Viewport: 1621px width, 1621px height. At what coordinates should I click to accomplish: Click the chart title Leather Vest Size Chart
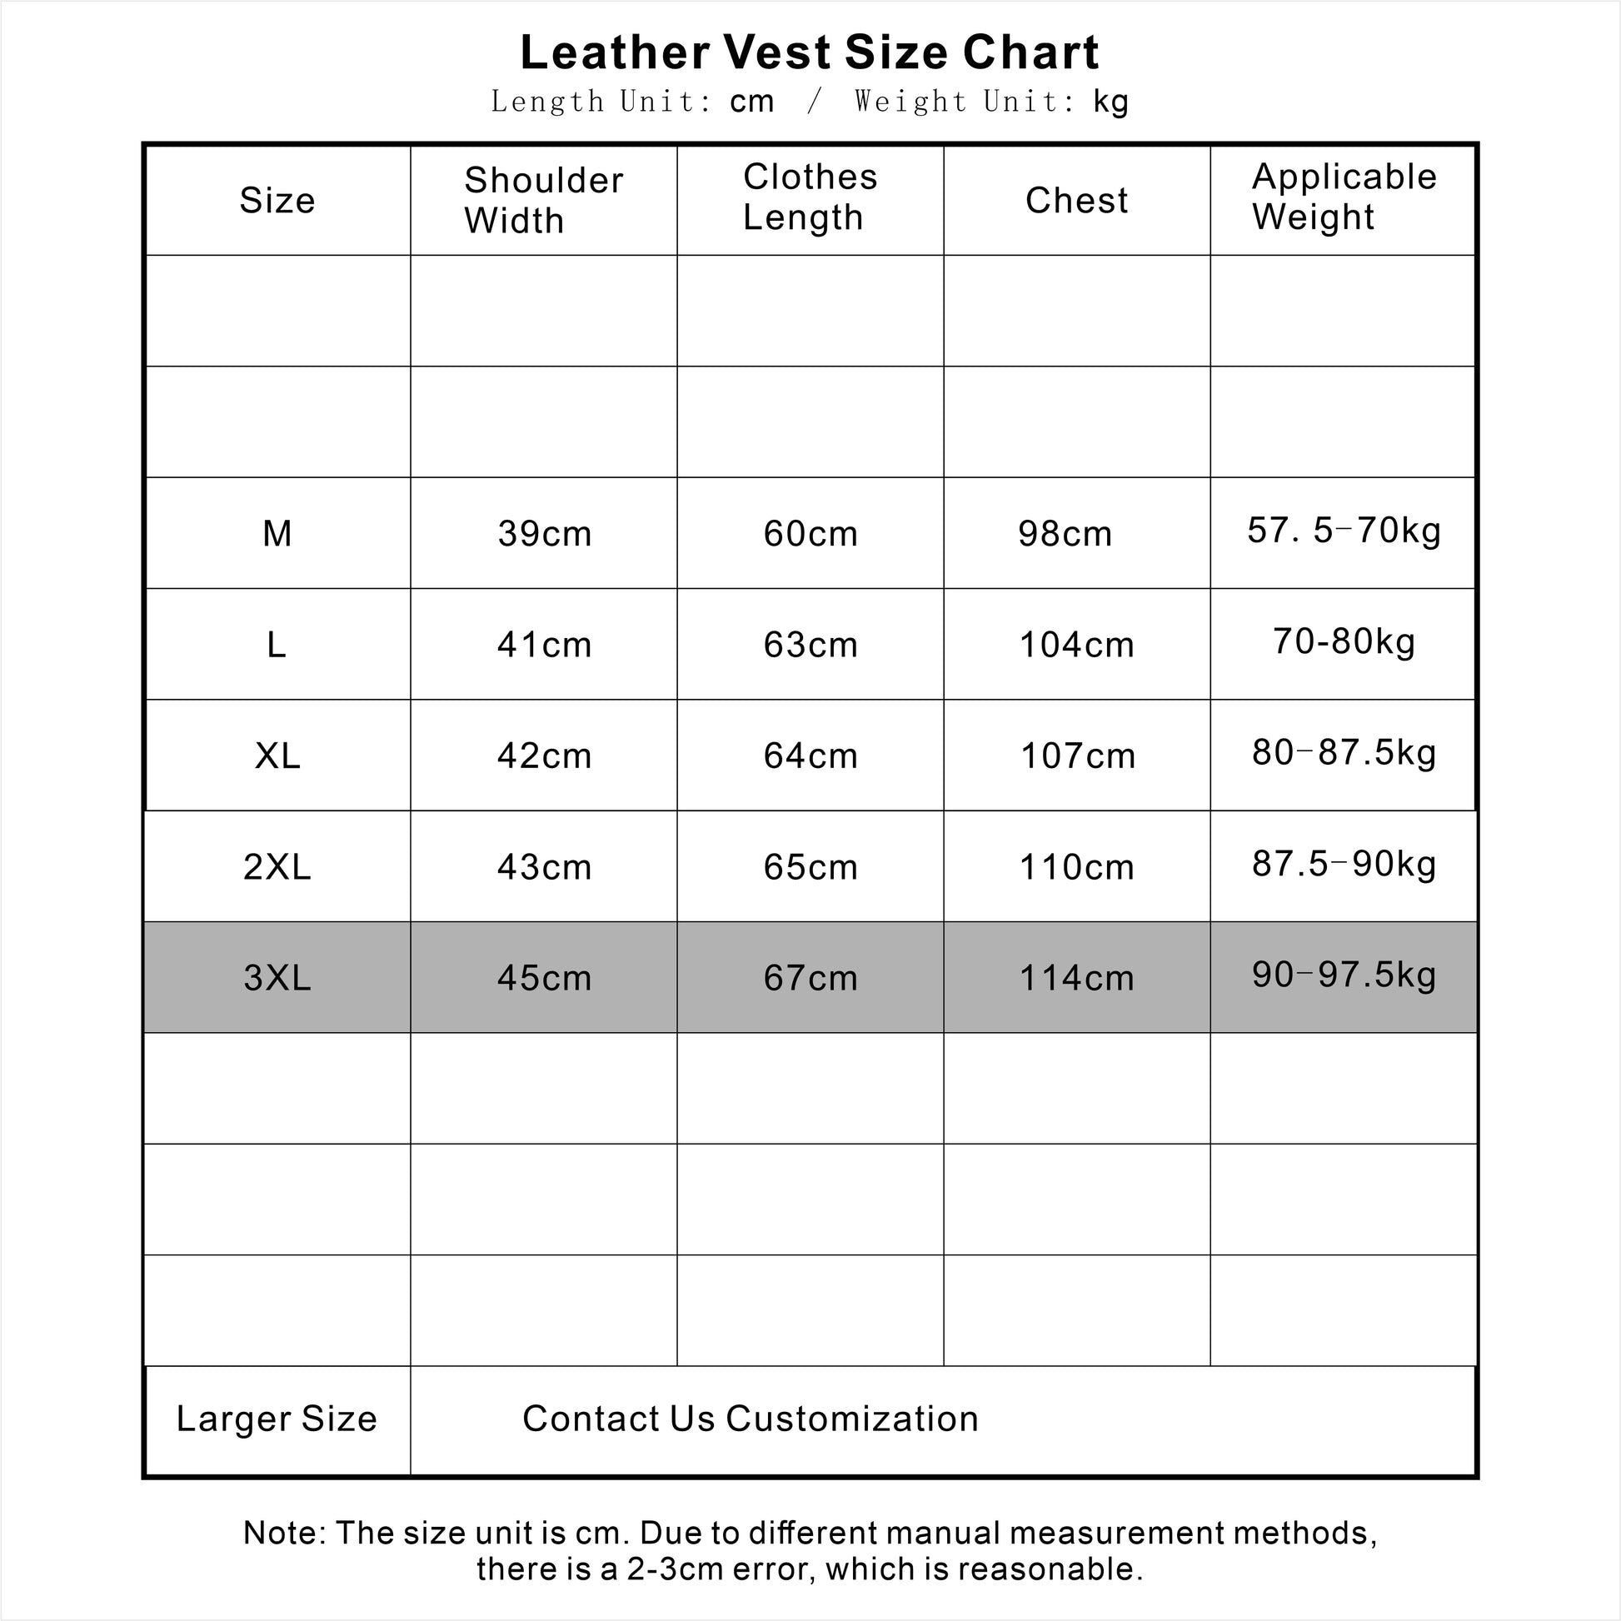point(809,52)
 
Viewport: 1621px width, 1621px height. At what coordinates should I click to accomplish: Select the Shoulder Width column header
point(543,201)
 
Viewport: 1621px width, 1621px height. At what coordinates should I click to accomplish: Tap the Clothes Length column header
point(810,197)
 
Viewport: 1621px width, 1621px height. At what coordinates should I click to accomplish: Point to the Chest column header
point(1076,201)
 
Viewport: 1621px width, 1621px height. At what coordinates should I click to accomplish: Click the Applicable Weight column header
point(1344,197)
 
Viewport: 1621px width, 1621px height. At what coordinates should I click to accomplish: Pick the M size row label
point(277,534)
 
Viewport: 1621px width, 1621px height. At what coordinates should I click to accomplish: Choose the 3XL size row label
point(277,977)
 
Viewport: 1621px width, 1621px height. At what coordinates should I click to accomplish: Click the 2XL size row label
point(277,866)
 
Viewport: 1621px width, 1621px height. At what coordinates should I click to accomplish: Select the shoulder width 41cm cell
point(544,646)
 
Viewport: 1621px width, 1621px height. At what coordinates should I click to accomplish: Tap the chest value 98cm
point(1065,534)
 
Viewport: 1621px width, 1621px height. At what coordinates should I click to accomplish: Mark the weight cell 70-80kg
point(1344,642)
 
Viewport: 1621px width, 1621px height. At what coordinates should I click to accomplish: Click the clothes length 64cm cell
point(810,756)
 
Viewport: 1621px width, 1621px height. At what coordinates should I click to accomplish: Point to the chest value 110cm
point(1076,866)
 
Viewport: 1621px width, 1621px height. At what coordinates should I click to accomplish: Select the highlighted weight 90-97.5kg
point(1344,975)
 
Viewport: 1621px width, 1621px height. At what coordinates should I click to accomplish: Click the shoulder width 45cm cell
point(544,978)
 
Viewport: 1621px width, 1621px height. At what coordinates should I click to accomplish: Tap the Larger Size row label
point(277,1419)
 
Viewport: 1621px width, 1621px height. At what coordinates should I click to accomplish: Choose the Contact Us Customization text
point(750,1419)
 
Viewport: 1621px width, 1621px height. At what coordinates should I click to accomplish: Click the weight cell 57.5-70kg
point(1344,531)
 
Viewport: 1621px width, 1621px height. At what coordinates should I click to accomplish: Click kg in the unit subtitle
point(1111,102)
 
